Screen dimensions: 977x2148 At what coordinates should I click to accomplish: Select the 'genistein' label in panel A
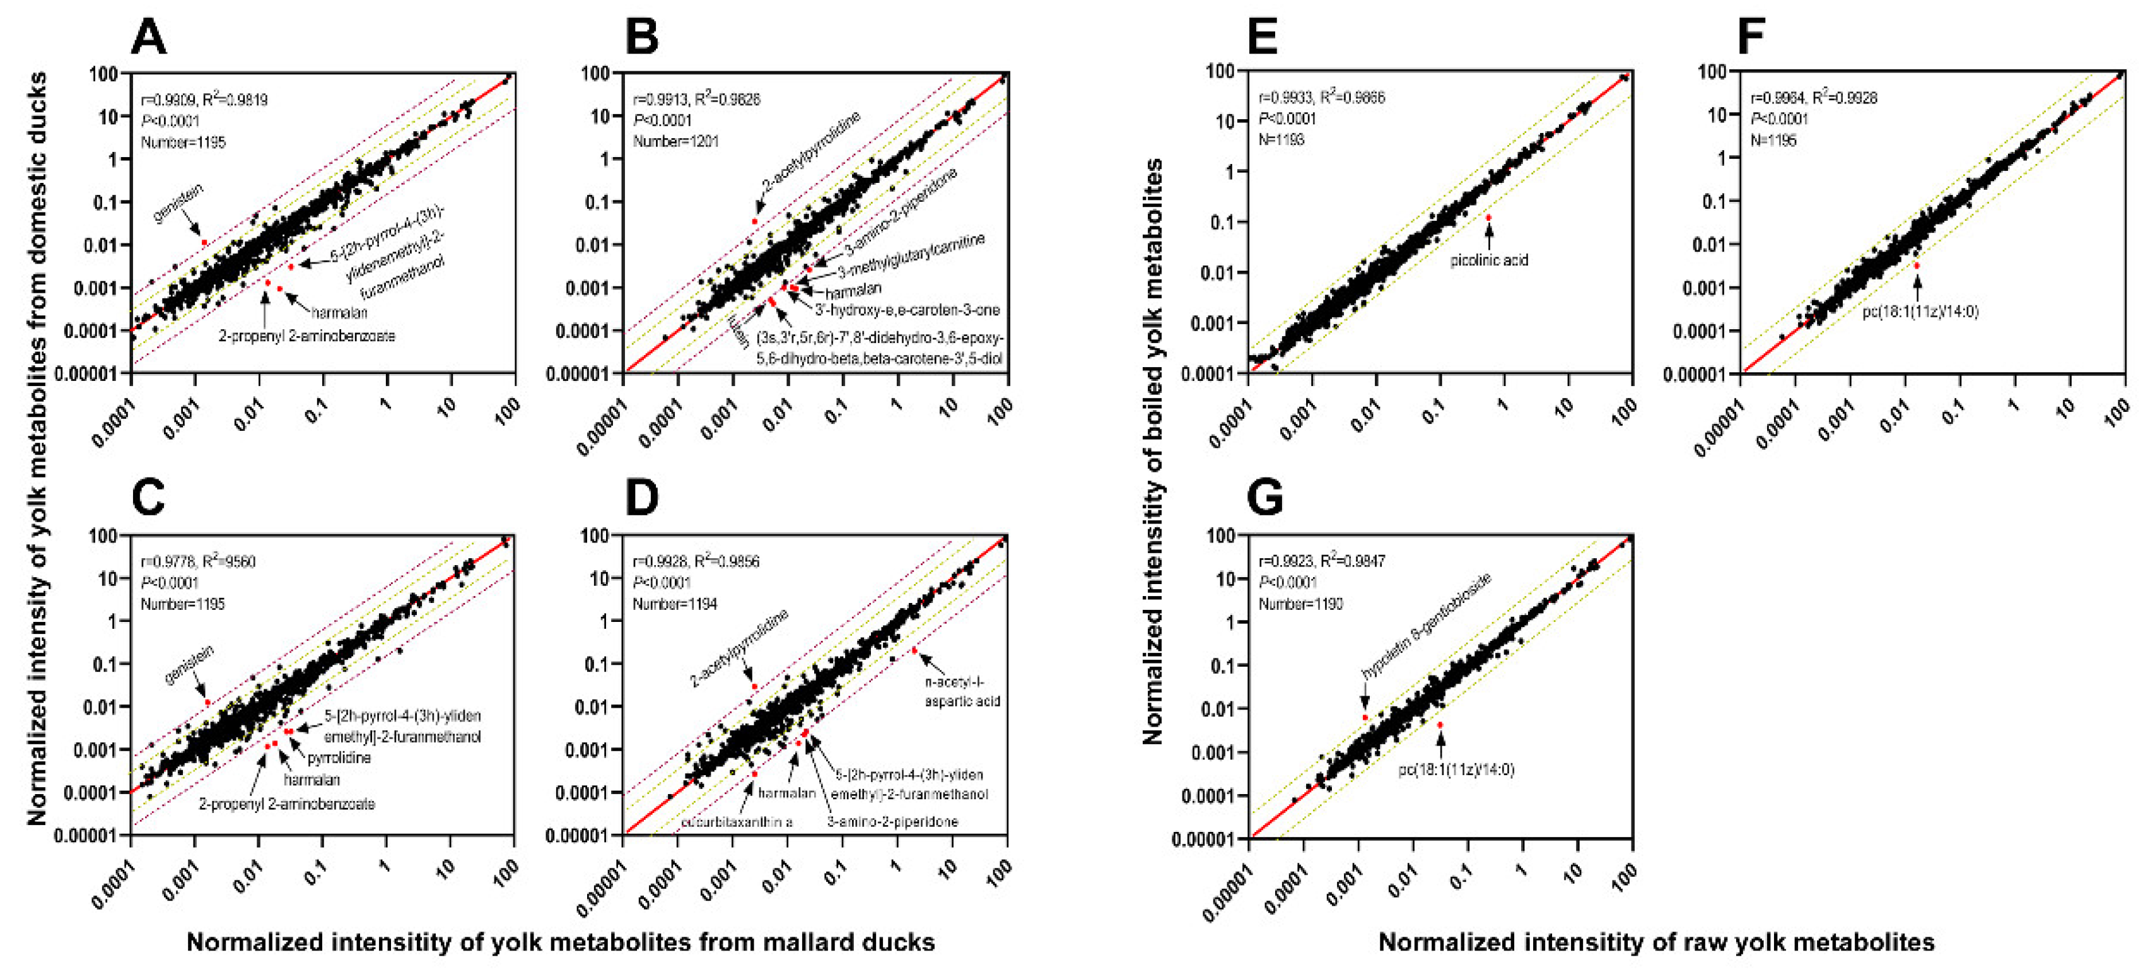click(178, 203)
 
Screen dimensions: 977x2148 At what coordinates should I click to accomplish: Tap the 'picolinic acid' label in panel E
click(1488, 260)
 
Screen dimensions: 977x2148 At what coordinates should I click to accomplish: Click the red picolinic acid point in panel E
click(1488, 217)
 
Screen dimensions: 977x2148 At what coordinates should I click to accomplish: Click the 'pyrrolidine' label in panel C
click(339, 758)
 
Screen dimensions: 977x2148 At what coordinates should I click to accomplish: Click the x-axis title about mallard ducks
click(561, 942)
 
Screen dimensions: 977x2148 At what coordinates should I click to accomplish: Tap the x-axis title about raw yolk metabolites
click(1655, 942)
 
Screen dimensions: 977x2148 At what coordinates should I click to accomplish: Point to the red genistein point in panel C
click(207, 703)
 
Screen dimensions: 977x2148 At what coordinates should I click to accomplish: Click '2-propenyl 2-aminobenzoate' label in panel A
click(307, 336)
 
